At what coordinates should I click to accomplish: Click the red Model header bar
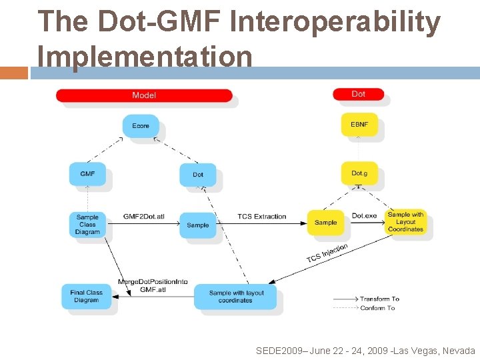tap(144, 95)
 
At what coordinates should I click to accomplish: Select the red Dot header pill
tap(358, 94)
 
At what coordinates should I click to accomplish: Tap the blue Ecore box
tap(141, 126)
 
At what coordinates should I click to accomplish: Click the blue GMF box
tap(87, 174)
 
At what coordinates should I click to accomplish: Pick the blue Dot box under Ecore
tap(198, 175)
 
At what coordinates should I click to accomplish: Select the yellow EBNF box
tap(359, 125)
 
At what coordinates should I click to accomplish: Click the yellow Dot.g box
tap(359, 173)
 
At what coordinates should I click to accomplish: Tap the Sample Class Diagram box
tap(87, 225)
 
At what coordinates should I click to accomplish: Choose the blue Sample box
tap(198, 225)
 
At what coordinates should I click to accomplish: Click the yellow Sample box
tap(325, 223)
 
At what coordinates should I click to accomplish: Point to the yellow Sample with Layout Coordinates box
tap(405, 222)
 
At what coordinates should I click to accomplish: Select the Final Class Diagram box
tap(87, 297)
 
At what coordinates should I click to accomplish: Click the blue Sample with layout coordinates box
tap(236, 297)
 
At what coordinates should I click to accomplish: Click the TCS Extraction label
tap(262, 217)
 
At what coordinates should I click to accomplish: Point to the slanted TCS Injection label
tap(327, 253)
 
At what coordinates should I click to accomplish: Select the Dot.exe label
tap(365, 216)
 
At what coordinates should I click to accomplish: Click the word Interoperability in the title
tap(335, 22)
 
